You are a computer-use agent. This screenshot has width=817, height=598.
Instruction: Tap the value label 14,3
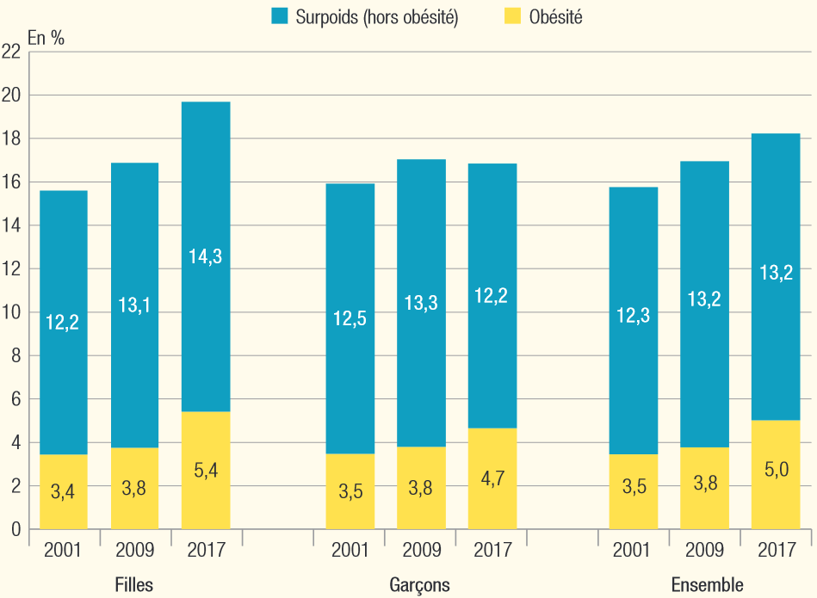[x=206, y=256]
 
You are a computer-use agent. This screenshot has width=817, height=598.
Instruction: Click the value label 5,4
[x=206, y=470]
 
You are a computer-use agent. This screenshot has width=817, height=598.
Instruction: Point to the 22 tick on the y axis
[x=11, y=52]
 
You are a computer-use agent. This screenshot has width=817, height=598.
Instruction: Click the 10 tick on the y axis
[x=11, y=312]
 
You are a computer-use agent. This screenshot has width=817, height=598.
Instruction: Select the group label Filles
[x=134, y=585]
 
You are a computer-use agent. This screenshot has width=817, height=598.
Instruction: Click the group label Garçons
[x=419, y=585]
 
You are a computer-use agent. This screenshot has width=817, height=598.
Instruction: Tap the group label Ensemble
[x=707, y=585]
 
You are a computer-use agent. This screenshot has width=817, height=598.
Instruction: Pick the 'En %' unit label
[x=46, y=37]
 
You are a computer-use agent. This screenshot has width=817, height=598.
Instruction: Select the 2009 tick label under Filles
[x=134, y=549]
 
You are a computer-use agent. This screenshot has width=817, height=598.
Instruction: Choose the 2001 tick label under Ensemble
[x=633, y=549]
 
